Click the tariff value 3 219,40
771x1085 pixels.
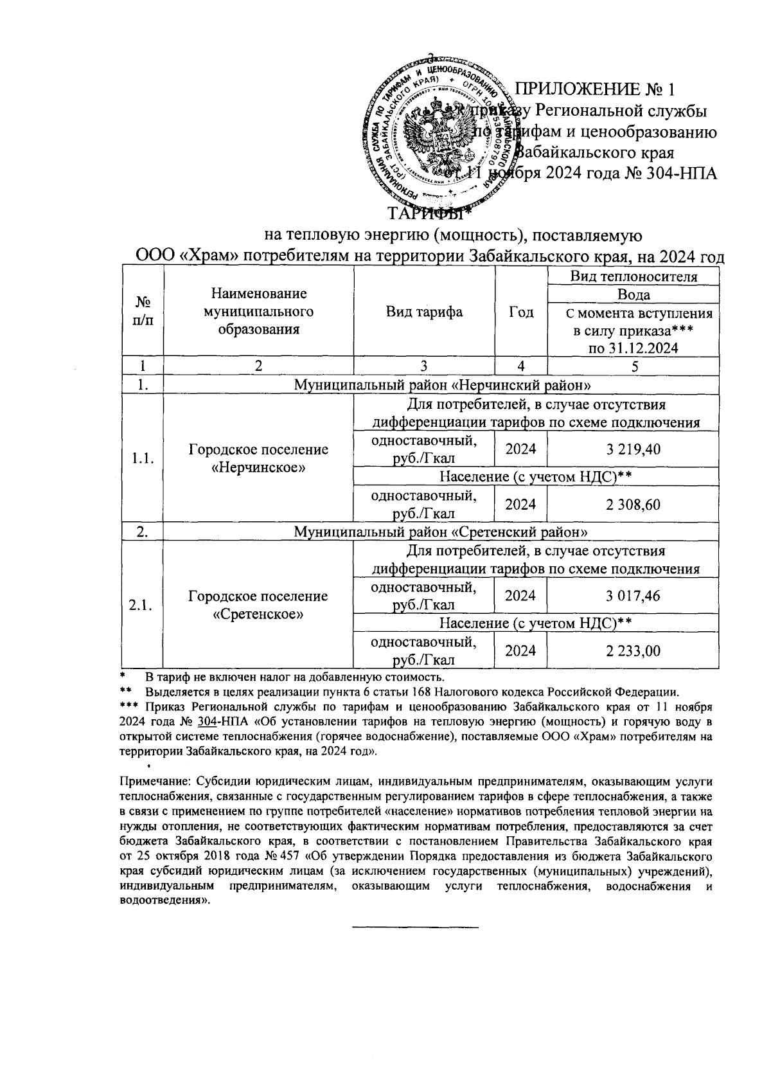633,449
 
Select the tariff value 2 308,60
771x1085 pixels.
633,505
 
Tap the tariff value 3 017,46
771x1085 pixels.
633,596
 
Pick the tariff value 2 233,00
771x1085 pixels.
633,651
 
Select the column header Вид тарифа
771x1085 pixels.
424,312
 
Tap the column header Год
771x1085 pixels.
520,312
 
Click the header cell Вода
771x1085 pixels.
633,294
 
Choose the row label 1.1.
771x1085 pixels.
142,458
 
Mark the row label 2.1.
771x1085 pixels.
141,605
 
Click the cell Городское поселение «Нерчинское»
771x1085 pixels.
258,458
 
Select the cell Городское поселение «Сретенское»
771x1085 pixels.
258,605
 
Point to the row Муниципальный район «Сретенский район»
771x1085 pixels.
441,532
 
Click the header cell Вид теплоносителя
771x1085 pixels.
633,277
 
